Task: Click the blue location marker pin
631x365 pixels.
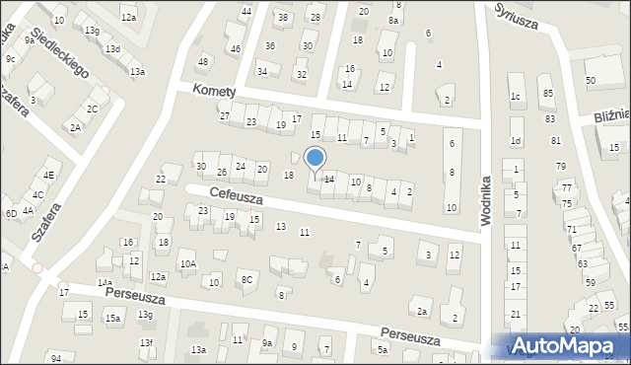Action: [315, 159]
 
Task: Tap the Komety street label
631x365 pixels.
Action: [214, 92]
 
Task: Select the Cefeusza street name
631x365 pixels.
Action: [235, 197]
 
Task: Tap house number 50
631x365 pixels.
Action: [591, 80]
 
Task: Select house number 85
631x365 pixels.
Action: [547, 94]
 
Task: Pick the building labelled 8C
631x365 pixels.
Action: [247, 280]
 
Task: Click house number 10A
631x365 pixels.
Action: [187, 264]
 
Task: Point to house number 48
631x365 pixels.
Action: [203, 62]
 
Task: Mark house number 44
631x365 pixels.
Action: [246, 12]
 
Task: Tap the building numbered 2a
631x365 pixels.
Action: [422, 312]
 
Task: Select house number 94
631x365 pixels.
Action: [56, 357]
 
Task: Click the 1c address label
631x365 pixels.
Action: [515, 96]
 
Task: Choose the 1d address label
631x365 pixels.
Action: [515, 140]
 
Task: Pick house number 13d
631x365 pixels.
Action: [113, 48]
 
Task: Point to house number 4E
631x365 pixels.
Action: [48, 175]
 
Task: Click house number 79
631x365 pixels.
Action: [561, 166]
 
